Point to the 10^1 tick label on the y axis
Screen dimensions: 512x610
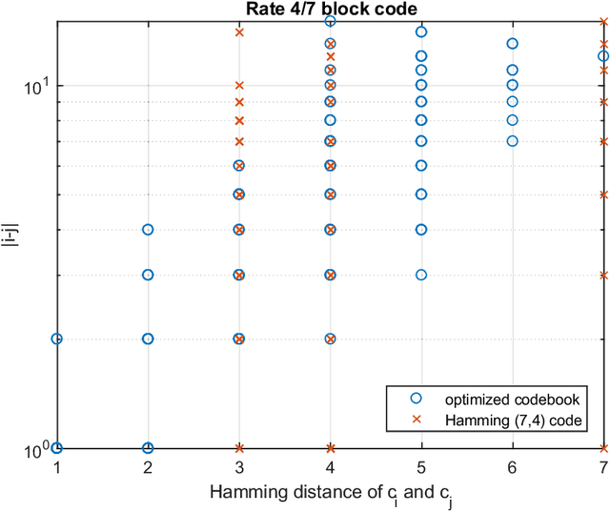point(34,86)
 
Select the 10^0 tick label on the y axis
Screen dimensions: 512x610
point(34,448)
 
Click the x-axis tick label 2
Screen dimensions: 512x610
point(148,466)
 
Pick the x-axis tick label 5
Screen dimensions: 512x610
point(421,466)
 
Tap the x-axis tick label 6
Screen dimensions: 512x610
point(513,466)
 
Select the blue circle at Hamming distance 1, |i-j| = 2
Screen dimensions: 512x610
point(56,338)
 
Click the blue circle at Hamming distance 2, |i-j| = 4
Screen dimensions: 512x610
point(148,229)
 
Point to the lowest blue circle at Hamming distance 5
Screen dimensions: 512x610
point(421,275)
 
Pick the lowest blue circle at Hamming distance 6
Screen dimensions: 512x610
point(513,140)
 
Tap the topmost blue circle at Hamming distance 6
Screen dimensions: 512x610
point(513,43)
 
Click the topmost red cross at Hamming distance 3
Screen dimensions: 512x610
point(239,31)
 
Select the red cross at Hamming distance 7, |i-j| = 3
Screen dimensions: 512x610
point(603,275)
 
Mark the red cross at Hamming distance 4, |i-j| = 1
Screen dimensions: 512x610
point(331,447)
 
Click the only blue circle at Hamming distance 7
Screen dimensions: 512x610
point(602,56)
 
